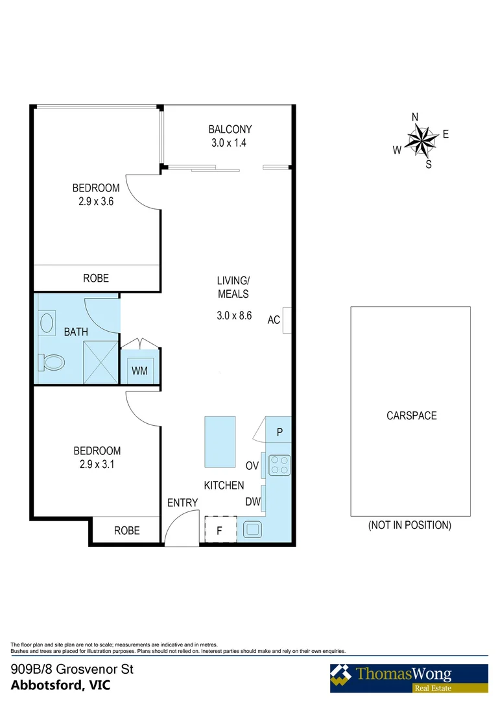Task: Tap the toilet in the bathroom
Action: (52, 361)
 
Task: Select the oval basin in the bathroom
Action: (47, 323)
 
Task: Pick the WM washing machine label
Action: (140, 371)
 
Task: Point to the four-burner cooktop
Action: (279, 465)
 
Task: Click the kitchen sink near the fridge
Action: (251, 530)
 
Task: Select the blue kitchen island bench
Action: (220, 441)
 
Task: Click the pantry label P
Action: (279, 432)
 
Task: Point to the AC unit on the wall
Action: (287, 320)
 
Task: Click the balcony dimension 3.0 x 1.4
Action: (230, 143)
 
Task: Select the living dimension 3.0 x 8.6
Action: (233, 317)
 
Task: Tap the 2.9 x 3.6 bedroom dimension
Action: (96, 201)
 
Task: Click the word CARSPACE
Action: (412, 415)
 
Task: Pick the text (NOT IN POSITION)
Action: (410, 525)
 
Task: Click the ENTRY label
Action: (182, 503)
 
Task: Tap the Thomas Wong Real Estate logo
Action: (409, 678)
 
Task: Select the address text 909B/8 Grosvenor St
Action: (72, 669)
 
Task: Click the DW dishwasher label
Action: (253, 501)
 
